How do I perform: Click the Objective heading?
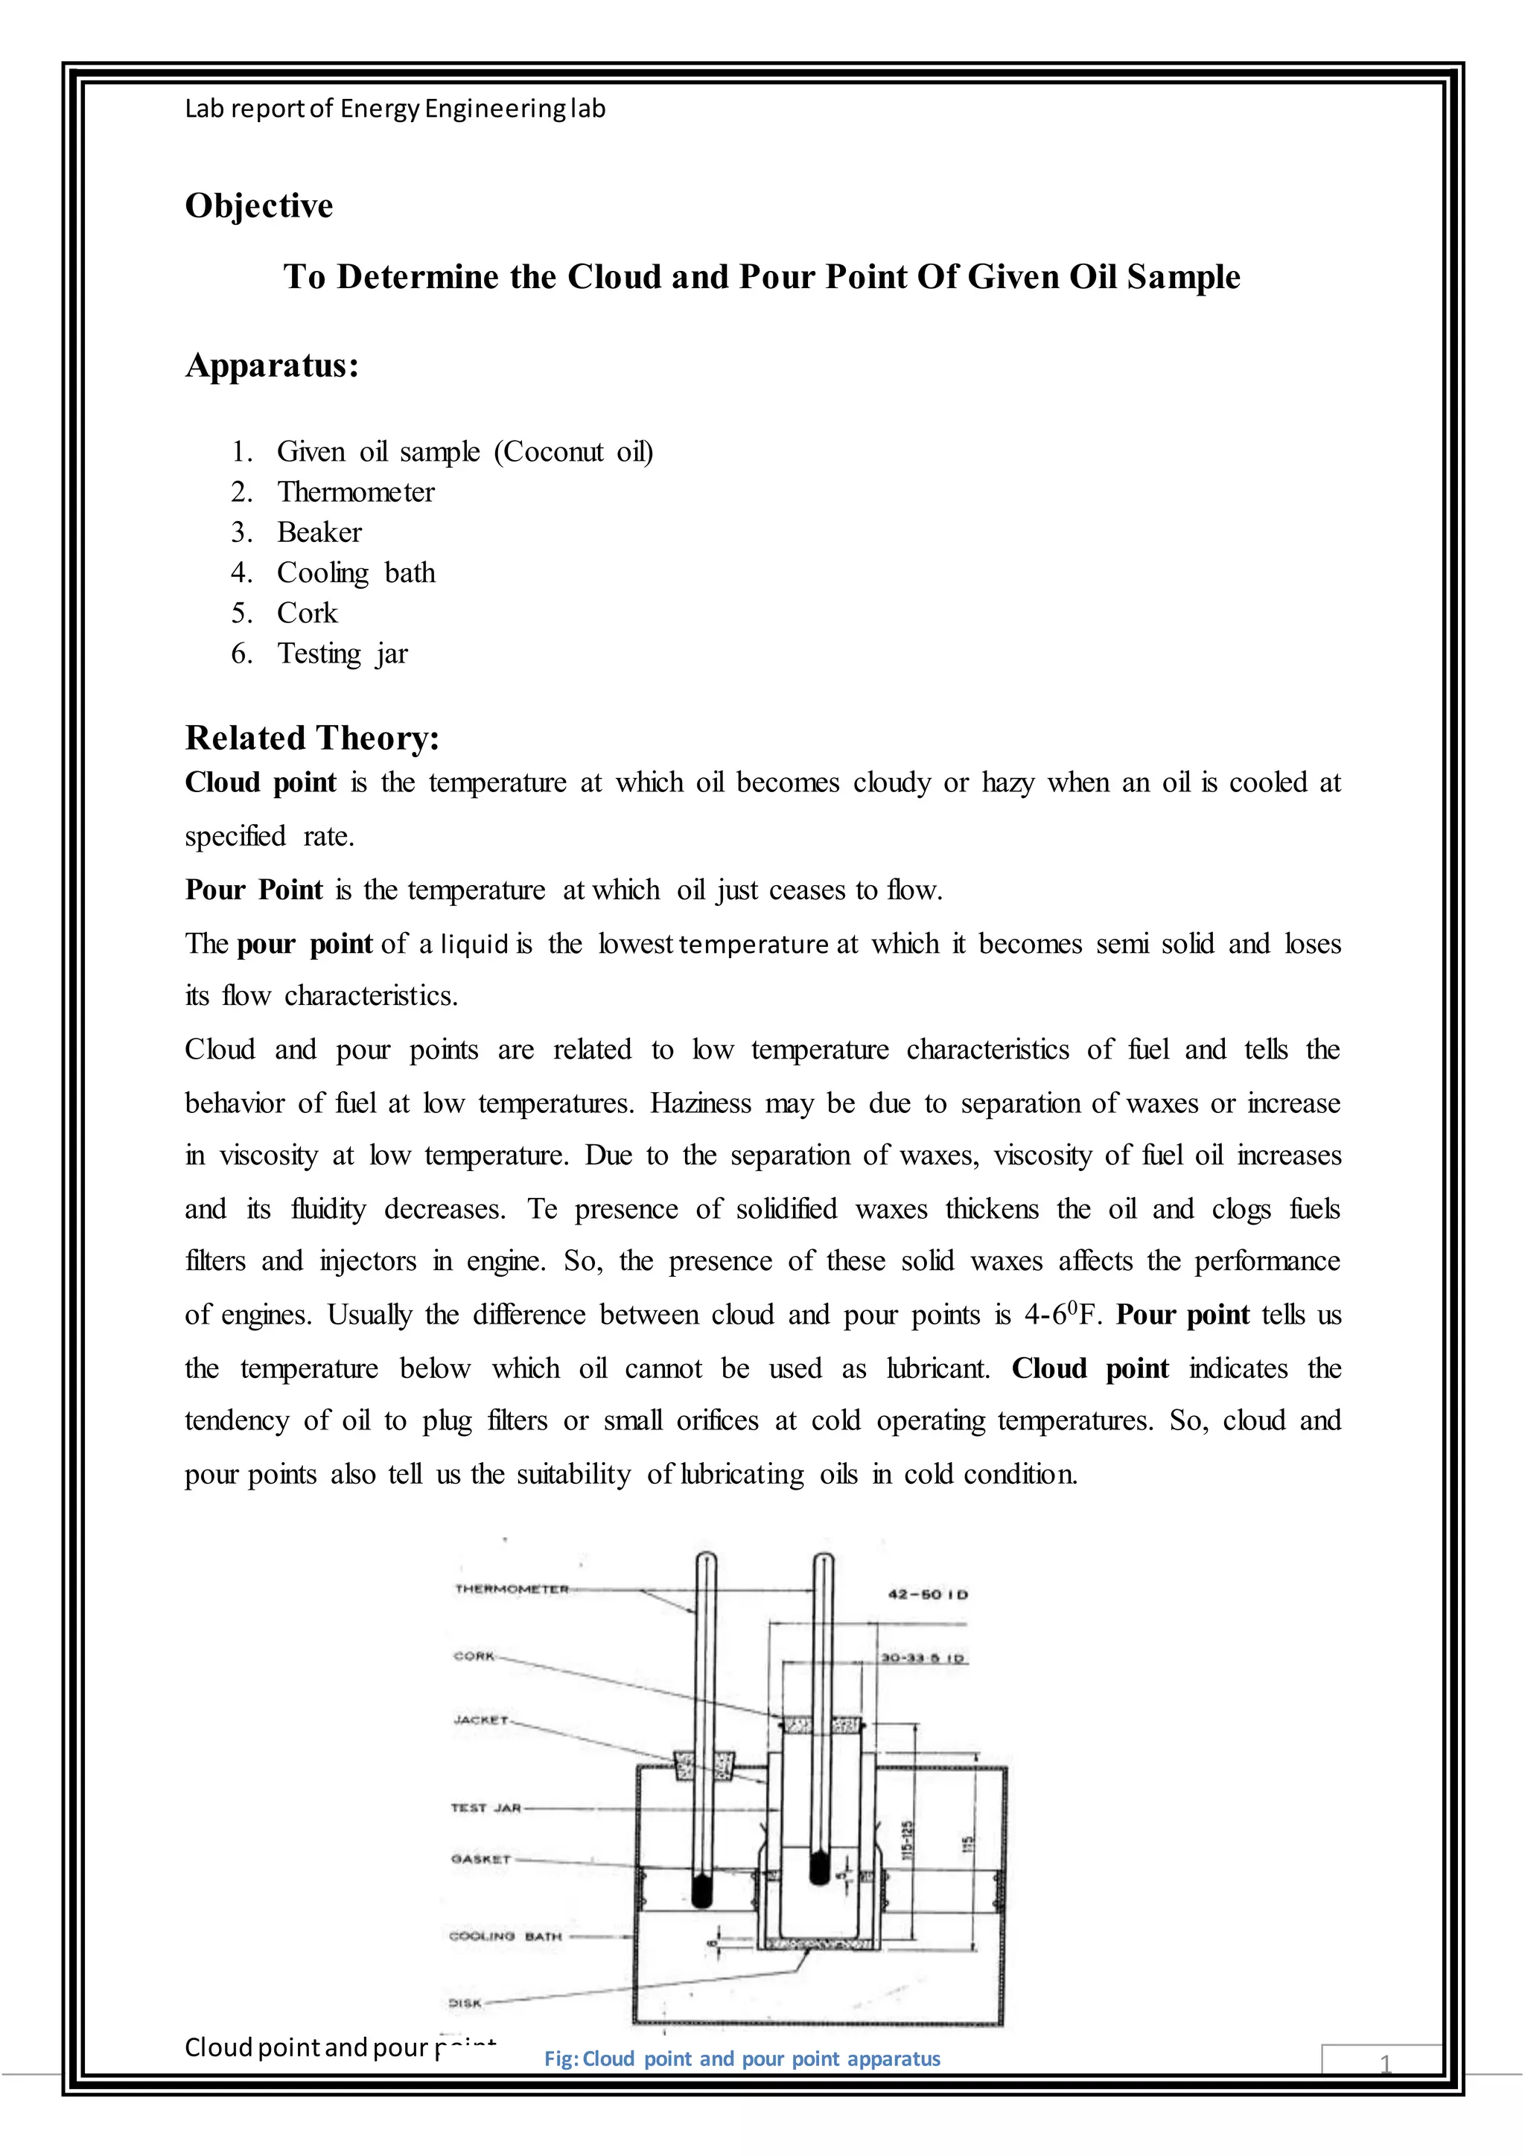click(258, 205)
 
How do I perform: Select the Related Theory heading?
click(312, 738)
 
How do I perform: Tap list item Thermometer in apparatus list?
click(355, 492)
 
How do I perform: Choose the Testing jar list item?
click(342, 654)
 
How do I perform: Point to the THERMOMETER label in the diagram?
click(512, 1589)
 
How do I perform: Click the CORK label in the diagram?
click(474, 1656)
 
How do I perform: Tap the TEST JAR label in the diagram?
click(485, 1808)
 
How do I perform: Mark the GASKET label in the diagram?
click(481, 1858)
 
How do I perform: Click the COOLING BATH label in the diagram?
click(505, 1936)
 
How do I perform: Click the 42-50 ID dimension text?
click(928, 1595)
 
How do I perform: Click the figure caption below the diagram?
click(742, 2058)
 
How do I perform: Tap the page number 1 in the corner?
click(1385, 2063)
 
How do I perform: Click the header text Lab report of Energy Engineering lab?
click(395, 109)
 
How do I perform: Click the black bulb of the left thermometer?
click(701, 1889)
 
